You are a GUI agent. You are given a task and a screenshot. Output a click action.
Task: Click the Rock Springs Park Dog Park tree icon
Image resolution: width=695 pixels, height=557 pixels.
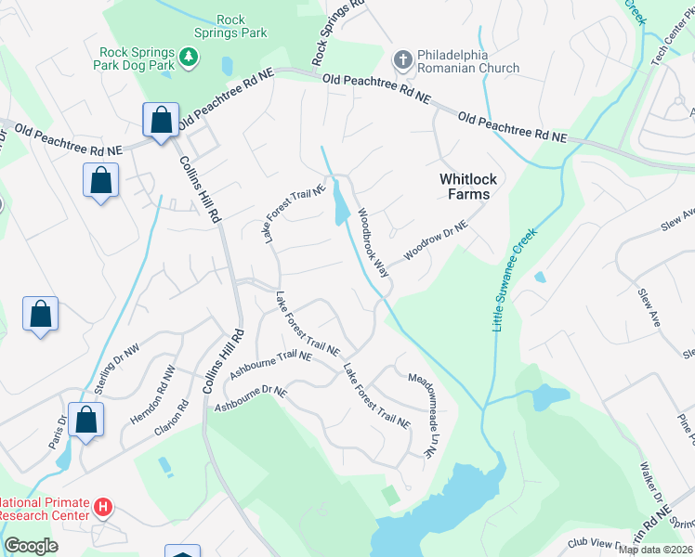click(x=189, y=58)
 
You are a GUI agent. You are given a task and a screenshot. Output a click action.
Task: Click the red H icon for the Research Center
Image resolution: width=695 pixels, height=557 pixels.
click(x=104, y=509)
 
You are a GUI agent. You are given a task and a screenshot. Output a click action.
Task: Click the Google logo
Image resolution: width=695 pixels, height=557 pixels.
click(x=31, y=546)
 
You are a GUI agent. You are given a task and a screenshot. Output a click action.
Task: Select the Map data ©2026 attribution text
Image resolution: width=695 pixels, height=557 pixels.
click(x=655, y=550)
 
